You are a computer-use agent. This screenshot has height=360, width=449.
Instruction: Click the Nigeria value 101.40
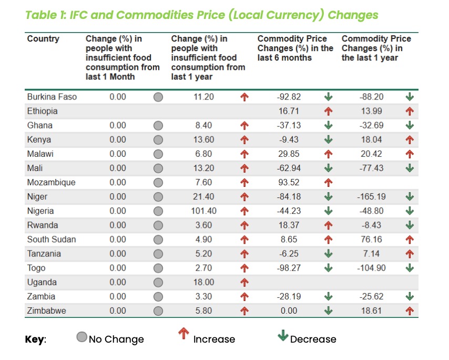tap(203, 211)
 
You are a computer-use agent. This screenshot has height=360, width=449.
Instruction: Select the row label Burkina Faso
tap(52, 97)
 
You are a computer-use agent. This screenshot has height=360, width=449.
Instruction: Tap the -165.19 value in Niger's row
tap(372, 197)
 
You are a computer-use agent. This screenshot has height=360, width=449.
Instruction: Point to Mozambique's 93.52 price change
tap(289, 183)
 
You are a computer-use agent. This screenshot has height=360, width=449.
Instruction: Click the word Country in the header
tap(43, 39)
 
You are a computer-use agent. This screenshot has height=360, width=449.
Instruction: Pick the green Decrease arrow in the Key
tap(283, 336)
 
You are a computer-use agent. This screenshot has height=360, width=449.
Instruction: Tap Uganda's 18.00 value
tap(203, 282)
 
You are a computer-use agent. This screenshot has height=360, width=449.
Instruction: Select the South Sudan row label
tap(52, 239)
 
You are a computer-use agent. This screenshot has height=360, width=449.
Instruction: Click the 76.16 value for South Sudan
tap(372, 239)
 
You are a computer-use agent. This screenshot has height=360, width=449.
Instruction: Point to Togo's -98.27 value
tap(289, 268)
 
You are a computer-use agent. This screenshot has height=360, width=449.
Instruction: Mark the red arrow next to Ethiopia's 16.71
tap(329, 111)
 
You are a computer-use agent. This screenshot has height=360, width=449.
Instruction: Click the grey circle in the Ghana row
tap(158, 126)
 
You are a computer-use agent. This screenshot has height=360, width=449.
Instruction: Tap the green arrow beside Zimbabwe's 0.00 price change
tap(329, 311)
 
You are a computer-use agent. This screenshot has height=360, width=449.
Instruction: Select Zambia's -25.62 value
tap(372, 296)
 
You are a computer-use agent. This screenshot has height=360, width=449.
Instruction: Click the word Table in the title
tap(43, 15)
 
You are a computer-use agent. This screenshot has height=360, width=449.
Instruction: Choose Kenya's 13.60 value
tap(203, 139)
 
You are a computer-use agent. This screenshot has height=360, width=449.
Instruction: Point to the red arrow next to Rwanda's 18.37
tap(329, 225)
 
